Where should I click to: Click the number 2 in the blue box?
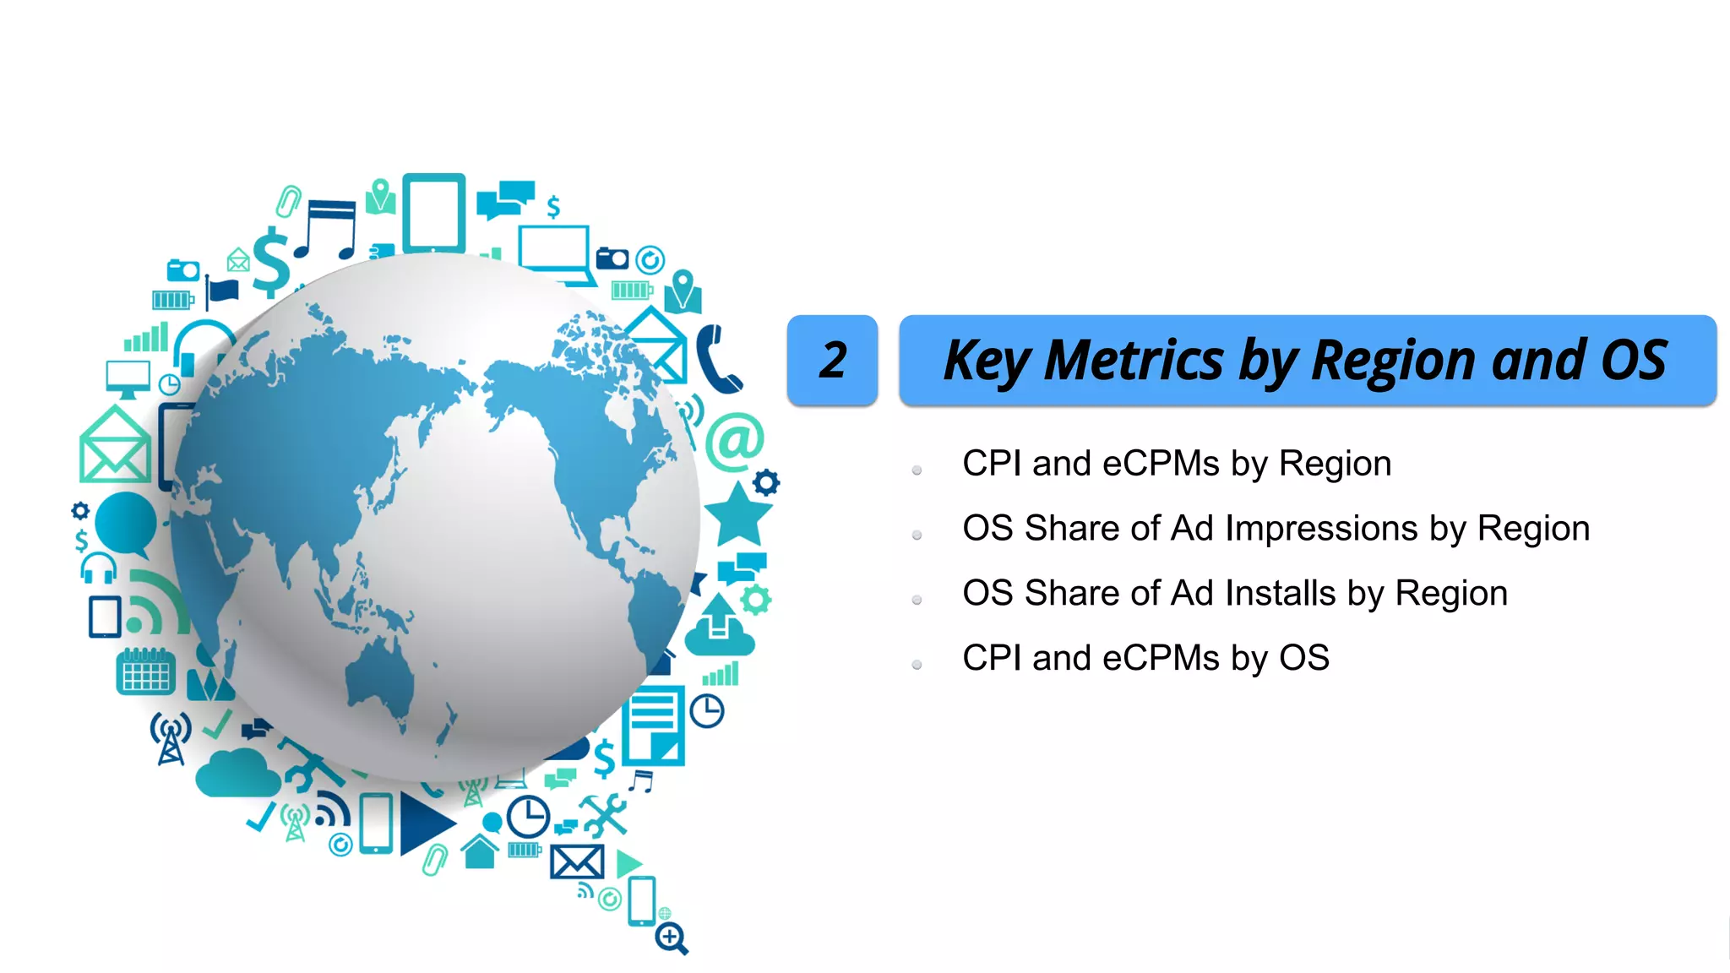pyautogui.click(x=832, y=361)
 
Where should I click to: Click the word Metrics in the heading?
pyautogui.click(x=1134, y=361)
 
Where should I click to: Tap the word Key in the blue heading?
pyautogui.click(x=986, y=361)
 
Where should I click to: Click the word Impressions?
pyautogui.click(x=1321, y=529)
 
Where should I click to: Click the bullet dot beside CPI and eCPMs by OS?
pyautogui.click(x=917, y=665)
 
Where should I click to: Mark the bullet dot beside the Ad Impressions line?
pyautogui.click(x=917, y=535)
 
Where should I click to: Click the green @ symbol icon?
pyautogui.click(x=734, y=441)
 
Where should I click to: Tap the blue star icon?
pyautogui.click(x=737, y=515)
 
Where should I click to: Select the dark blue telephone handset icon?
pyautogui.click(x=717, y=360)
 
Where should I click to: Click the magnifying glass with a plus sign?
pyautogui.click(x=672, y=937)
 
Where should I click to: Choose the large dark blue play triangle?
pyautogui.click(x=425, y=824)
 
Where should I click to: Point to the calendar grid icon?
pyautogui.click(x=145, y=672)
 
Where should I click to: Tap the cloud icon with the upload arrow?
pyautogui.click(x=719, y=627)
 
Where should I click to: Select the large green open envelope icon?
pyautogui.click(x=115, y=446)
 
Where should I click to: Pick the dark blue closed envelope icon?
pyautogui.click(x=577, y=862)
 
